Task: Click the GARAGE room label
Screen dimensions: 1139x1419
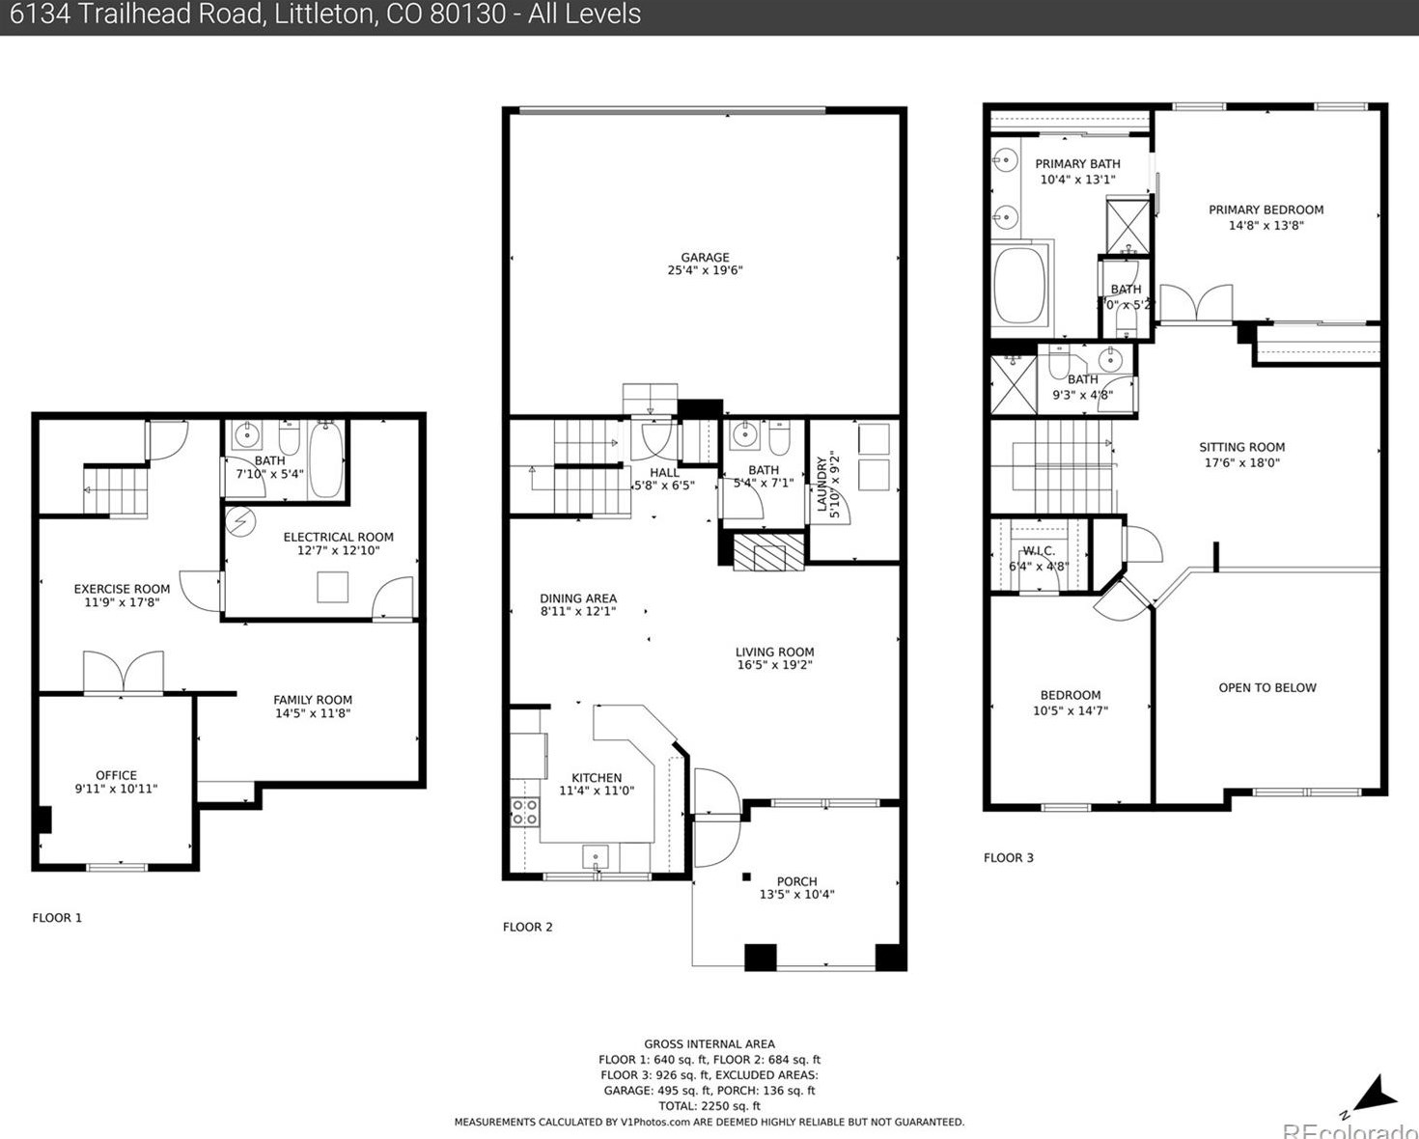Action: (705, 257)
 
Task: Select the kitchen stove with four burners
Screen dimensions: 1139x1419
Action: (525, 812)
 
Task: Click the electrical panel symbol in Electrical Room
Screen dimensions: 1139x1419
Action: (239, 522)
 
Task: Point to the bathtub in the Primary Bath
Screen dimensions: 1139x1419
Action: (1020, 285)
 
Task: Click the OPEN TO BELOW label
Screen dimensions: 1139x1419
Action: (1266, 687)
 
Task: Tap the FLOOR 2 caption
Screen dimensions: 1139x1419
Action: (527, 927)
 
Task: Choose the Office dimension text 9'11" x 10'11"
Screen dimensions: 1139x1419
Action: (116, 789)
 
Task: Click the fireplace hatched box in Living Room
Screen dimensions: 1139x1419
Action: (768, 552)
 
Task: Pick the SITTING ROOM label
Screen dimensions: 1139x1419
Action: (1241, 447)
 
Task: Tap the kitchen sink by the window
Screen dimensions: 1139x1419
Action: (596, 856)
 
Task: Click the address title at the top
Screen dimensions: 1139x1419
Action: (320, 14)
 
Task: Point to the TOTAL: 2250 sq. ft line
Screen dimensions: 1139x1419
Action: (709, 1106)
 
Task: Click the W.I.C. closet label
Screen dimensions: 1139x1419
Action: (1039, 550)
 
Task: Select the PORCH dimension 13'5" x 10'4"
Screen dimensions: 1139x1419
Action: (796, 895)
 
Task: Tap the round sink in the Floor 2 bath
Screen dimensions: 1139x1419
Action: (744, 435)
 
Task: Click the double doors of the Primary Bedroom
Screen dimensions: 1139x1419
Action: (1196, 304)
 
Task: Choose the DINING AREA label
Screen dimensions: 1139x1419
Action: (577, 597)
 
